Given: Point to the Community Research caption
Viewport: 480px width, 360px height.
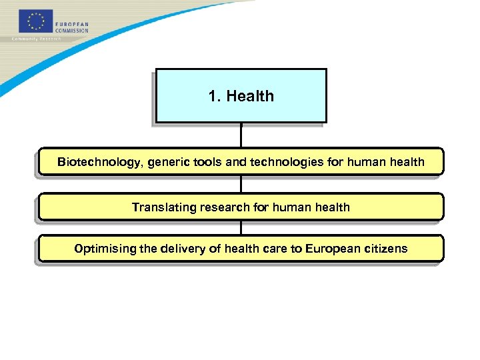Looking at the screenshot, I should pos(37,39).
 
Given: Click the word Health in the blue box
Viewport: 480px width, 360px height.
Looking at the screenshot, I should pos(250,96).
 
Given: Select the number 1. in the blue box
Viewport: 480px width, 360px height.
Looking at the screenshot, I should pos(215,96).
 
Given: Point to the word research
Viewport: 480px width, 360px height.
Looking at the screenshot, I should pos(225,207).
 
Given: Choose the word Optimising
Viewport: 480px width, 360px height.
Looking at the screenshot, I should pos(105,249).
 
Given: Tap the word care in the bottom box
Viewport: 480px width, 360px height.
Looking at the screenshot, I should pos(275,249).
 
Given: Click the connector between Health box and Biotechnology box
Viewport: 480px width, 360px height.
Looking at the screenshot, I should pos(241,135).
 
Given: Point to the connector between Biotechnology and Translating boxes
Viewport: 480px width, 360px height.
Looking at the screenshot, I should pos(241,184).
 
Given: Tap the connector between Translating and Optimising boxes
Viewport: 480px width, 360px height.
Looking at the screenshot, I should pos(241,227).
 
